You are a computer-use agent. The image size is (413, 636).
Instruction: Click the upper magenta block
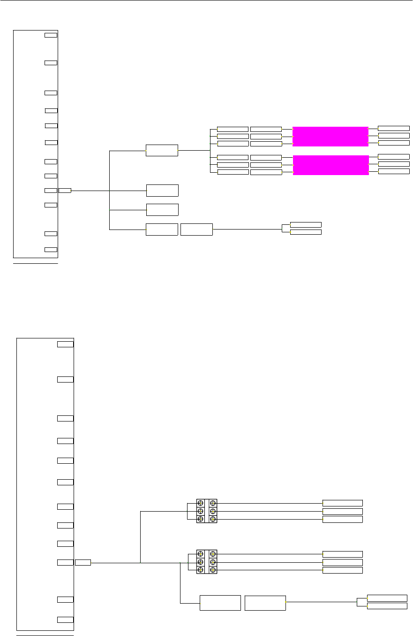click(330, 136)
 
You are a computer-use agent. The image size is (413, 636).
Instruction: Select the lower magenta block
click(330, 165)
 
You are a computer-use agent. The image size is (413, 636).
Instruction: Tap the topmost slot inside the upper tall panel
click(51, 35)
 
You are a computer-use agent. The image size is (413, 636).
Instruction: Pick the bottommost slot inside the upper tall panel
click(51, 249)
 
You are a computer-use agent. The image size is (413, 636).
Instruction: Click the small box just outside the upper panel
click(65, 190)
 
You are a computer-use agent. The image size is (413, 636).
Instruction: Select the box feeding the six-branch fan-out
click(162, 150)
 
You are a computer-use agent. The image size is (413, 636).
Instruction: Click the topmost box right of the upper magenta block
click(393, 128)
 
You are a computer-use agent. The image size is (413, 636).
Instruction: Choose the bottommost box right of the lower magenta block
click(393, 171)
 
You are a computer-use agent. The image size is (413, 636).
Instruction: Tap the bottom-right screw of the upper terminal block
click(213, 519)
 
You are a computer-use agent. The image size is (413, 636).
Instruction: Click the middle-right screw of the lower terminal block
click(213, 562)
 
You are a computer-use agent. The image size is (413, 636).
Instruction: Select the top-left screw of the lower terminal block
click(200, 554)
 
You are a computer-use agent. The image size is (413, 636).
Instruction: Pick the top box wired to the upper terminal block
click(342, 503)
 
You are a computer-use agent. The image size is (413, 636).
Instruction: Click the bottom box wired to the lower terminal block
click(342, 570)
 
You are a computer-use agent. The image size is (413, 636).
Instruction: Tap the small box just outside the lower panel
click(83, 562)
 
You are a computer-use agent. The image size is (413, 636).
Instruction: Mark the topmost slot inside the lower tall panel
click(65, 344)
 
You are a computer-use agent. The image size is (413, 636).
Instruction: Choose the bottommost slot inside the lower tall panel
click(65, 620)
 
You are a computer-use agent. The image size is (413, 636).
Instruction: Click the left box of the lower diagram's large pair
click(220, 603)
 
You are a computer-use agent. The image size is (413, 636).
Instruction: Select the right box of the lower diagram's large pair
click(265, 603)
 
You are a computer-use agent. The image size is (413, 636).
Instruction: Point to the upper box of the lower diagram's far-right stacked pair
click(387, 598)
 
